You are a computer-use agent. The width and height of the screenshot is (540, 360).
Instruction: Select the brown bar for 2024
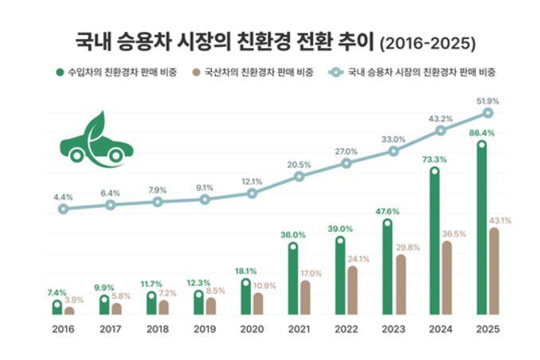coord(447,278)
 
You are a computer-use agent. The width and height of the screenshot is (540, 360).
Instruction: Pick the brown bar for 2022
coord(353,291)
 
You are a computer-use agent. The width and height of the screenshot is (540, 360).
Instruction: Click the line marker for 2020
coord(252,194)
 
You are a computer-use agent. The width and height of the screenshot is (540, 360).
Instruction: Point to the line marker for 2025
coord(487,113)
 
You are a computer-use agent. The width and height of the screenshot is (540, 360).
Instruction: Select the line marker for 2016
coord(63,209)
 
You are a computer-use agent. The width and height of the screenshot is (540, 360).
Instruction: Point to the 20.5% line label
coord(299,164)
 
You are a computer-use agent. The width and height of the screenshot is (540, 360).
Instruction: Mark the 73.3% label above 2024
coord(435,159)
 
